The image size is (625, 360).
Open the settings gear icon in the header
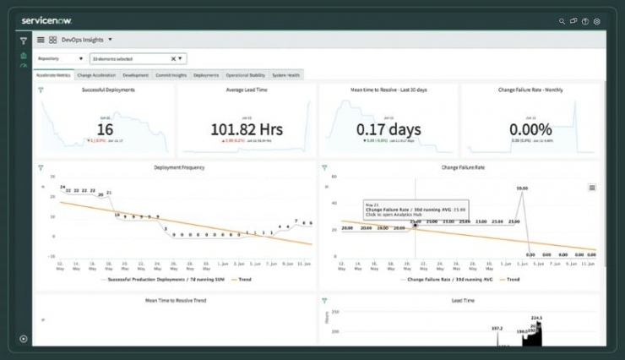point(597,21)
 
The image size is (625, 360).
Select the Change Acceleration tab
point(96,75)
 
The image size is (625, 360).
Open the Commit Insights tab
point(171,75)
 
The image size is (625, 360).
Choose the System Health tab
point(285,75)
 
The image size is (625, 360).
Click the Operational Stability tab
point(245,75)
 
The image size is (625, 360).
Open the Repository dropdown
point(61,59)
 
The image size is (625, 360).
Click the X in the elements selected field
point(173,59)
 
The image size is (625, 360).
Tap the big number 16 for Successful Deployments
point(105,129)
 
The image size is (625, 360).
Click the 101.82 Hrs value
point(246,129)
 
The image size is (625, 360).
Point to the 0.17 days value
point(388,129)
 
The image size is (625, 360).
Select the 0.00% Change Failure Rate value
point(530,129)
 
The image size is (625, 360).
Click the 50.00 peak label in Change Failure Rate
point(522,188)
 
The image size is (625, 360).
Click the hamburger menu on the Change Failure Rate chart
point(592,188)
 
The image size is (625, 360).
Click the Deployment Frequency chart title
point(179,167)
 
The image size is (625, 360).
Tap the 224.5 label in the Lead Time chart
point(535,318)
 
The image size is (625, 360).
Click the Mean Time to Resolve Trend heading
point(176,300)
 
